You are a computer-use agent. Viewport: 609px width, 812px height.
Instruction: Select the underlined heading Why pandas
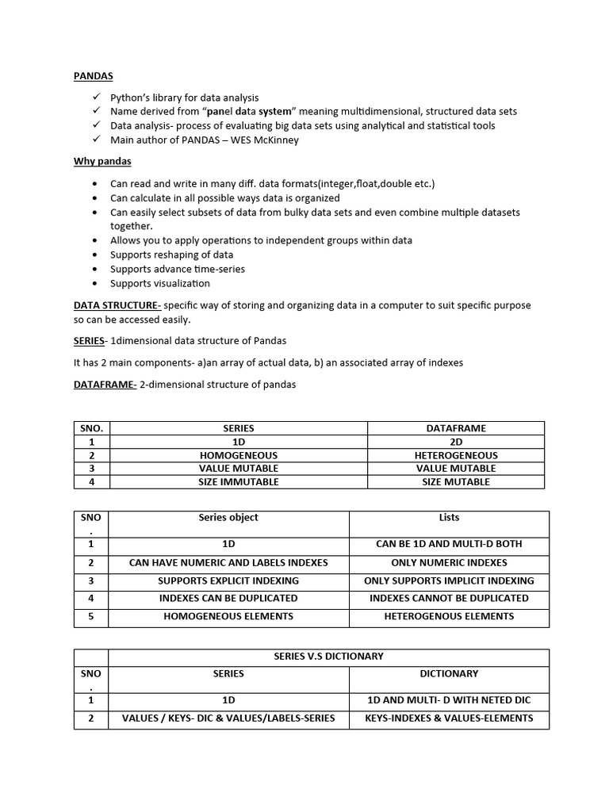pyautogui.click(x=102, y=162)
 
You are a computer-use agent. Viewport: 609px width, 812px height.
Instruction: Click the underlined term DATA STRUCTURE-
pyautogui.click(x=117, y=305)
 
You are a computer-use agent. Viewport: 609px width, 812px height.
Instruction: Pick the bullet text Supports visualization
pyautogui.click(x=160, y=283)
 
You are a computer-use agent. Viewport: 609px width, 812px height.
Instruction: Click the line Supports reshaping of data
pyautogui.click(x=171, y=255)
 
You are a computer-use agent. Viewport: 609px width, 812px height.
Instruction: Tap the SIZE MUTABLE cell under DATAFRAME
pyautogui.click(x=456, y=481)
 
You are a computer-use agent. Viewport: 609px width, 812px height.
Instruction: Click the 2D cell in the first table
pyautogui.click(x=456, y=442)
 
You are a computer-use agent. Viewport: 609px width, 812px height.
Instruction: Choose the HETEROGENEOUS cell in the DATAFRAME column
pyautogui.click(x=456, y=455)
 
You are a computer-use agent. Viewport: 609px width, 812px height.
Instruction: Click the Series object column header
pyautogui.click(x=228, y=518)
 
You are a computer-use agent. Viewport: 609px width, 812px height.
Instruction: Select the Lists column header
pyautogui.click(x=449, y=518)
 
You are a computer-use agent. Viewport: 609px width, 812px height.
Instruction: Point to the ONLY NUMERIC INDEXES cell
pyautogui.click(x=449, y=562)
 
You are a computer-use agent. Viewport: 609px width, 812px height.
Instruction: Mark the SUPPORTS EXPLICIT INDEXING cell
pyautogui.click(x=228, y=580)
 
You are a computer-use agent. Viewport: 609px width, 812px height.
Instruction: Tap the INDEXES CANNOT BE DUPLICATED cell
pyautogui.click(x=449, y=598)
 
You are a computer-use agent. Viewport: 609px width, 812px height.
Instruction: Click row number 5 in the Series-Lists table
pyautogui.click(x=91, y=616)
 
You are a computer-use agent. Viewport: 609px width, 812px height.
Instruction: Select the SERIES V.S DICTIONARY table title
pyautogui.click(x=328, y=657)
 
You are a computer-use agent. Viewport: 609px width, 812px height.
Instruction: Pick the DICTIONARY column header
pyautogui.click(x=449, y=674)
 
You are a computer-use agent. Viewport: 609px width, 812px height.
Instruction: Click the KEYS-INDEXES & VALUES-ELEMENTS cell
pyautogui.click(x=449, y=718)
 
